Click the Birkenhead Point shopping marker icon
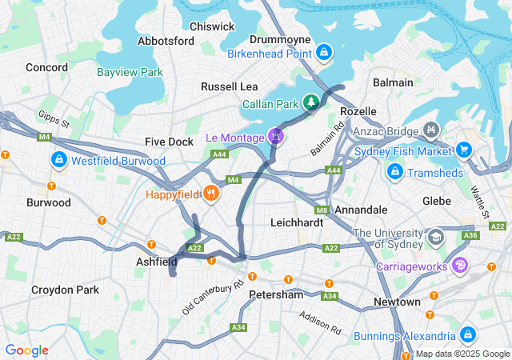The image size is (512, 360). click(x=324, y=54)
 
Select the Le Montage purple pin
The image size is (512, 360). click(x=277, y=137)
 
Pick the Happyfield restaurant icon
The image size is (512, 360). click(x=211, y=194)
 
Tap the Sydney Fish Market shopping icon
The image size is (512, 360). click(x=464, y=150)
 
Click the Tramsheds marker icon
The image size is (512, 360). click(x=394, y=172)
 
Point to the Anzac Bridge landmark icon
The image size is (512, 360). click(x=431, y=128)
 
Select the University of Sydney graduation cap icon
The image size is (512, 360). click(x=436, y=237)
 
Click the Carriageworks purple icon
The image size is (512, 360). click(x=460, y=265)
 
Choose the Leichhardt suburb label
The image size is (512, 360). click(x=297, y=222)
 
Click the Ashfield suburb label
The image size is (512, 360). click(x=156, y=262)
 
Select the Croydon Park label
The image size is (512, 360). click(x=66, y=290)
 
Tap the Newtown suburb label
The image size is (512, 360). click(x=397, y=302)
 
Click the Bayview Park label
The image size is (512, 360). click(x=130, y=72)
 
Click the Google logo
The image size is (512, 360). click(x=26, y=350)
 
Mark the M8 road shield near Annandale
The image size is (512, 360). click(x=322, y=210)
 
